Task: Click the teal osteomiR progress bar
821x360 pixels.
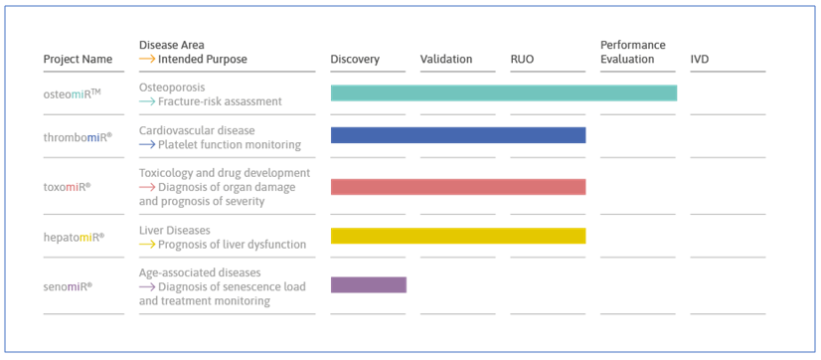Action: coord(504,93)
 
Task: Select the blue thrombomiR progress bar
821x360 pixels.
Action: coord(458,135)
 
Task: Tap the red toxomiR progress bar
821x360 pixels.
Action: coord(458,187)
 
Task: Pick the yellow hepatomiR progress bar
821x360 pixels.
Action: coord(458,237)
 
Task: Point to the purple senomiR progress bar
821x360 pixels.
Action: coord(369,285)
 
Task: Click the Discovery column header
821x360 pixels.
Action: coord(355,60)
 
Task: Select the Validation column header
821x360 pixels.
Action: coord(446,60)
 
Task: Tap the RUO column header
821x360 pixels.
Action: coord(522,60)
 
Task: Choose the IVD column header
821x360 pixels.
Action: coord(700,60)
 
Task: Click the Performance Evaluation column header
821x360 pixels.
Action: coord(633,52)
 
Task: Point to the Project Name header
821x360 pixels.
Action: coord(78,60)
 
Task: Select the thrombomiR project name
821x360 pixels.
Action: coord(78,137)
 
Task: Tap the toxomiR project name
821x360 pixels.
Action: coord(68,187)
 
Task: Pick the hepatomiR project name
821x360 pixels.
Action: coord(75,237)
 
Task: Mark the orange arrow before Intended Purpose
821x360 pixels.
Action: coord(147,60)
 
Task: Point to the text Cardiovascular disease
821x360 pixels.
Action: coord(197,130)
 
